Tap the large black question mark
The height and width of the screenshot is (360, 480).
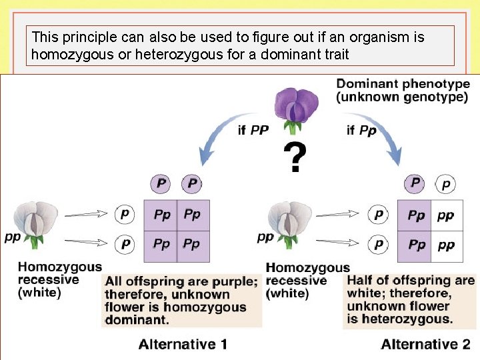click(295, 159)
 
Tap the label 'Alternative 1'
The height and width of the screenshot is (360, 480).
click(183, 344)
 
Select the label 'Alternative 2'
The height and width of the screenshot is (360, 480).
click(425, 344)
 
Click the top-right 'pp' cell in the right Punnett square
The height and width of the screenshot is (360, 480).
click(446, 215)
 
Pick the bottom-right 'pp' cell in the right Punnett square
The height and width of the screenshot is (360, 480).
click(446, 245)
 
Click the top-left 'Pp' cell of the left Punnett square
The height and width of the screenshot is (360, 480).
click(162, 215)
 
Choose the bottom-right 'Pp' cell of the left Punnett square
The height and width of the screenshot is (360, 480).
click(192, 244)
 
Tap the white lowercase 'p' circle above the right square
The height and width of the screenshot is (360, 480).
click(446, 183)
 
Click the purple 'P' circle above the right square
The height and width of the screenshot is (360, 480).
click(416, 183)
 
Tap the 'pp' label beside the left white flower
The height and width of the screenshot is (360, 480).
click(11, 237)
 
